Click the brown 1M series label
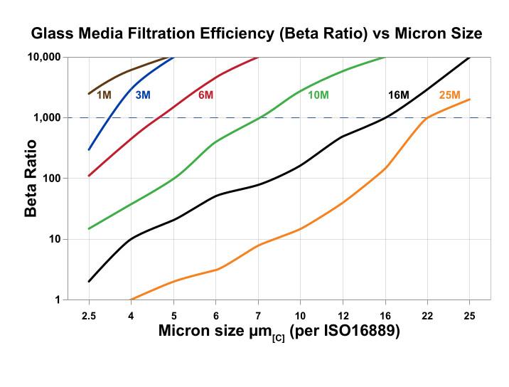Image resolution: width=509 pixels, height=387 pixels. [105, 95]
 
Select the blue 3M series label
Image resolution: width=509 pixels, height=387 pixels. [143, 95]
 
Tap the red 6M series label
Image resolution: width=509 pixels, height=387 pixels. [206, 95]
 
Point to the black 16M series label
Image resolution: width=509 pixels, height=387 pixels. [398, 95]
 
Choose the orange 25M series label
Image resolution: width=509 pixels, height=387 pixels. [450, 95]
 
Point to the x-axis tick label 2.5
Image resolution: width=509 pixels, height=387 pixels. [89, 314]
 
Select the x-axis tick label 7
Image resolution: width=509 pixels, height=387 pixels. [258, 314]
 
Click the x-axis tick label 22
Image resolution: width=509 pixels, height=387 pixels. [427, 314]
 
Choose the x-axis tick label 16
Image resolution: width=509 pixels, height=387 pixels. [385, 314]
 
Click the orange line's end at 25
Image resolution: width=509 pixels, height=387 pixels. [470, 100]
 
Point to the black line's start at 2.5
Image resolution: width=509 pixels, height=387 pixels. [89, 282]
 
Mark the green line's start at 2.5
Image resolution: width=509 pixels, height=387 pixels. [89, 228]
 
